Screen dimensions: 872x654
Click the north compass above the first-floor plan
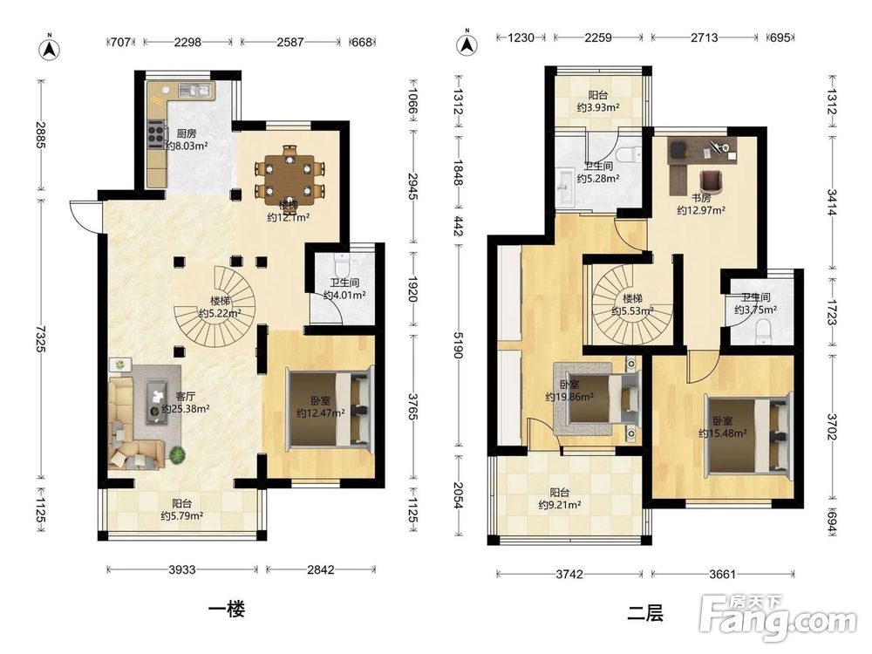pyautogui.click(x=50, y=49)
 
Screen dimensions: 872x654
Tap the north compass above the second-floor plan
pyautogui.click(x=467, y=44)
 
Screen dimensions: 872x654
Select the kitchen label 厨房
pyautogui.click(x=187, y=133)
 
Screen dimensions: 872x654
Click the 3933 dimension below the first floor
pyautogui.click(x=182, y=569)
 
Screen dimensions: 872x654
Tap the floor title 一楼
pyautogui.click(x=227, y=609)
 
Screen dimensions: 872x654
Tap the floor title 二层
pyautogui.click(x=645, y=613)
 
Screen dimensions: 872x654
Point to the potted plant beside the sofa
pyautogui.click(x=177, y=455)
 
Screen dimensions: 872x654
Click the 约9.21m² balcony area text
pyautogui.click(x=560, y=505)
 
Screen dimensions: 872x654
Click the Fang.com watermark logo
pyautogui.click(x=778, y=617)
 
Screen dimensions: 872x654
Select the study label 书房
pyautogui.click(x=701, y=197)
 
